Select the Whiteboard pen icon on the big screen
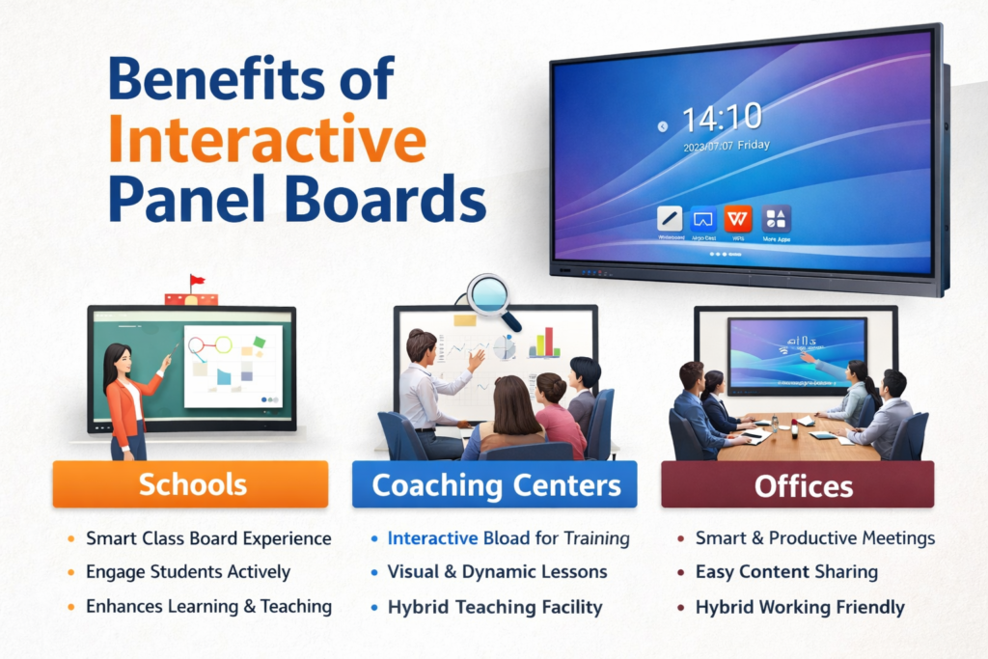coord(671,218)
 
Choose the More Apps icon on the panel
coord(776,218)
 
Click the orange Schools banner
coord(191,484)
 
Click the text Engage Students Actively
coord(187,572)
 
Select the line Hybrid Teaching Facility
coord(494,607)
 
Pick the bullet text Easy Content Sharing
coord(786,572)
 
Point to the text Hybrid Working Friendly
coord(800,607)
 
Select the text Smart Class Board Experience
coord(207,538)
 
